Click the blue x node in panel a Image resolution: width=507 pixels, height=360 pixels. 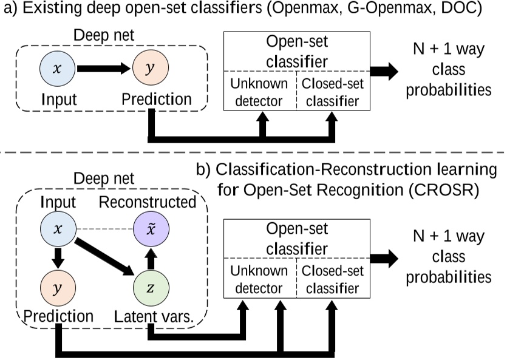pos(57,70)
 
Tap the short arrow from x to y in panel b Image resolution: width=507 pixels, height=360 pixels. pos(57,258)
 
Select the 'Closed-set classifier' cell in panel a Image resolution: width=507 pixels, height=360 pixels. pos(332,93)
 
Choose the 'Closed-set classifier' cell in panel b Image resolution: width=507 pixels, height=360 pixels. pos(332,279)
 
